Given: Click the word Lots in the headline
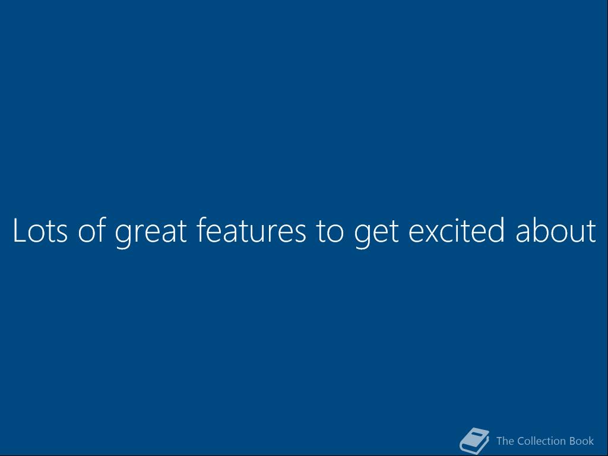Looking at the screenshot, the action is [x=40, y=230].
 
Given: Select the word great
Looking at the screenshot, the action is [x=151, y=232].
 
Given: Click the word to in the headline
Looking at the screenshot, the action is [x=330, y=231].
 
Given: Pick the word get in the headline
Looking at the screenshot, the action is [x=376, y=233].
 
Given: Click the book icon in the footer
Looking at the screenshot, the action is [x=474, y=441].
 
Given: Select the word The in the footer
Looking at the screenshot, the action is [x=505, y=441].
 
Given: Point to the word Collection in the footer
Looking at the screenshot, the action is [x=541, y=441].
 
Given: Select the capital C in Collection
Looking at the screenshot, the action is [x=521, y=441].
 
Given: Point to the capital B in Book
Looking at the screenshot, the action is [x=573, y=441].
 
